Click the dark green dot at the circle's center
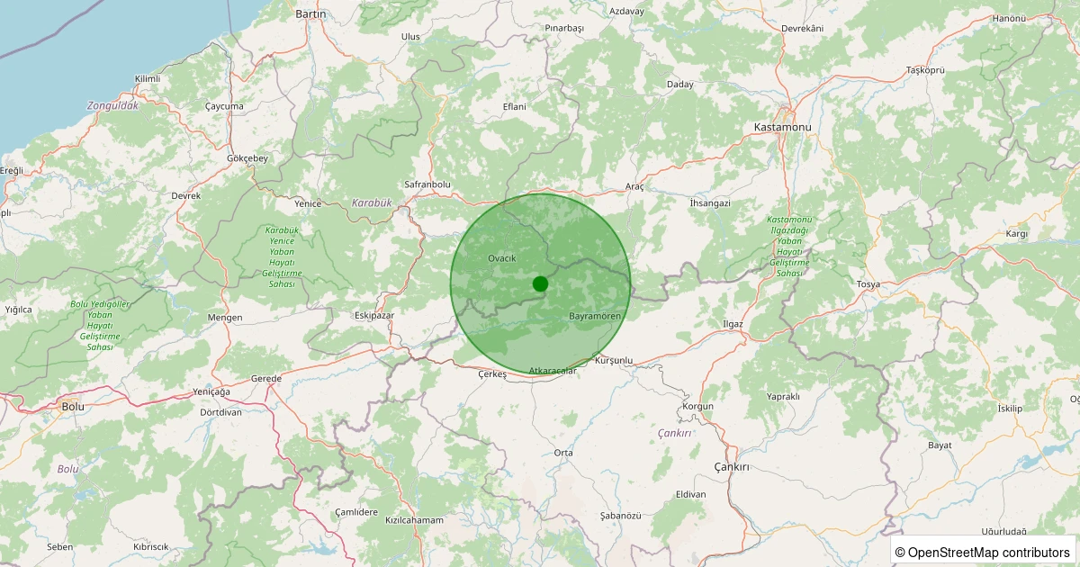[540, 283]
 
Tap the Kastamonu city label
[782, 128]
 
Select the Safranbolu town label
[427, 184]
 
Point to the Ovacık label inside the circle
[501, 259]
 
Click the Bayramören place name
[595, 317]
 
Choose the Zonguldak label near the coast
[112, 106]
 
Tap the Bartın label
[310, 14]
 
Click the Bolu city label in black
[72, 407]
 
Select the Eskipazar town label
[374, 316]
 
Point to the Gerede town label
[266, 379]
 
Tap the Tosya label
[868, 284]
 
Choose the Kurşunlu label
[614, 361]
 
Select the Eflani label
[514, 107]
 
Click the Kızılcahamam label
[414, 521]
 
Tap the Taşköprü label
[925, 70]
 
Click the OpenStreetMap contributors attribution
[983, 552]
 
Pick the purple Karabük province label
[372, 203]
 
